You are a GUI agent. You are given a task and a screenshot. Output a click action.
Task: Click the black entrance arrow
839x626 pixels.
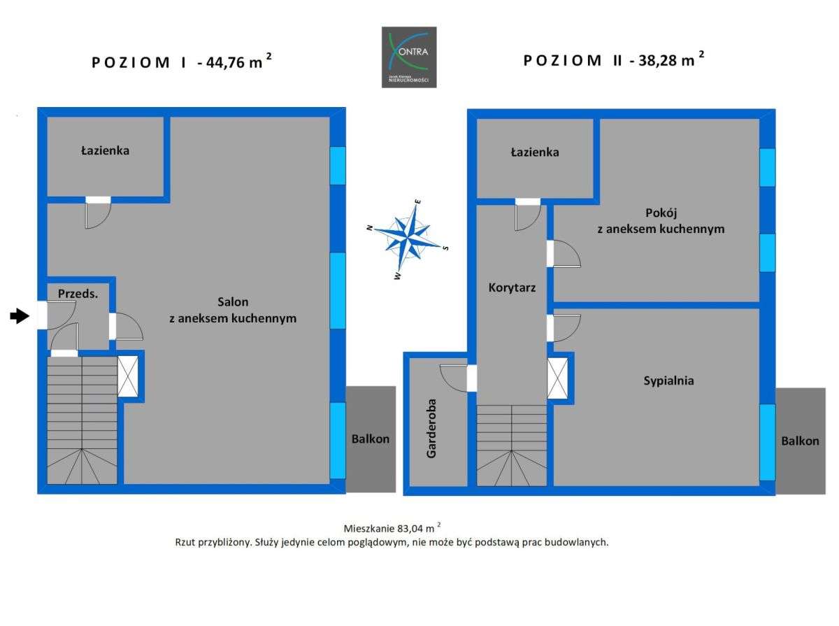click(19, 317)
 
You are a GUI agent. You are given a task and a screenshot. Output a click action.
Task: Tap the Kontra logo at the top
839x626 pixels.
click(409, 57)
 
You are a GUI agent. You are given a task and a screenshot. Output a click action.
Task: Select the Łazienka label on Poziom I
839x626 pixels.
click(105, 150)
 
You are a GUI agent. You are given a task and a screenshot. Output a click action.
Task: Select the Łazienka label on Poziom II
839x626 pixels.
click(535, 152)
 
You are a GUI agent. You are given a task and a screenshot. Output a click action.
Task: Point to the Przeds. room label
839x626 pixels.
click(78, 294)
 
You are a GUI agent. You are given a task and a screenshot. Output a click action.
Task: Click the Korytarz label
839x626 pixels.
click(512, 286)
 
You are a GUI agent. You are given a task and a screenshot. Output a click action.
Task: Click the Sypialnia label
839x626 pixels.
click(668, 380)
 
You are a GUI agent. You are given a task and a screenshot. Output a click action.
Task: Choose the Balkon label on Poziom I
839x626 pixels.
click(371, 439)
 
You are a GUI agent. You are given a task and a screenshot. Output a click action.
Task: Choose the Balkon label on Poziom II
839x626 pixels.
click(800, 441)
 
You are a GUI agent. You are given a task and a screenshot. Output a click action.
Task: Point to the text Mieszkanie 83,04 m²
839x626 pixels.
click(392, 528)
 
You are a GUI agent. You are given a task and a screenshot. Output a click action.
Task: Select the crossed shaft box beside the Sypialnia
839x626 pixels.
click(557, 378)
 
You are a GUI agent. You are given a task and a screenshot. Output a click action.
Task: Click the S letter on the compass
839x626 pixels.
click(445, 248)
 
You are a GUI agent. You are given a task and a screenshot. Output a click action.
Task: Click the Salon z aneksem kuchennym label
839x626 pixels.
click(233, 310)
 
